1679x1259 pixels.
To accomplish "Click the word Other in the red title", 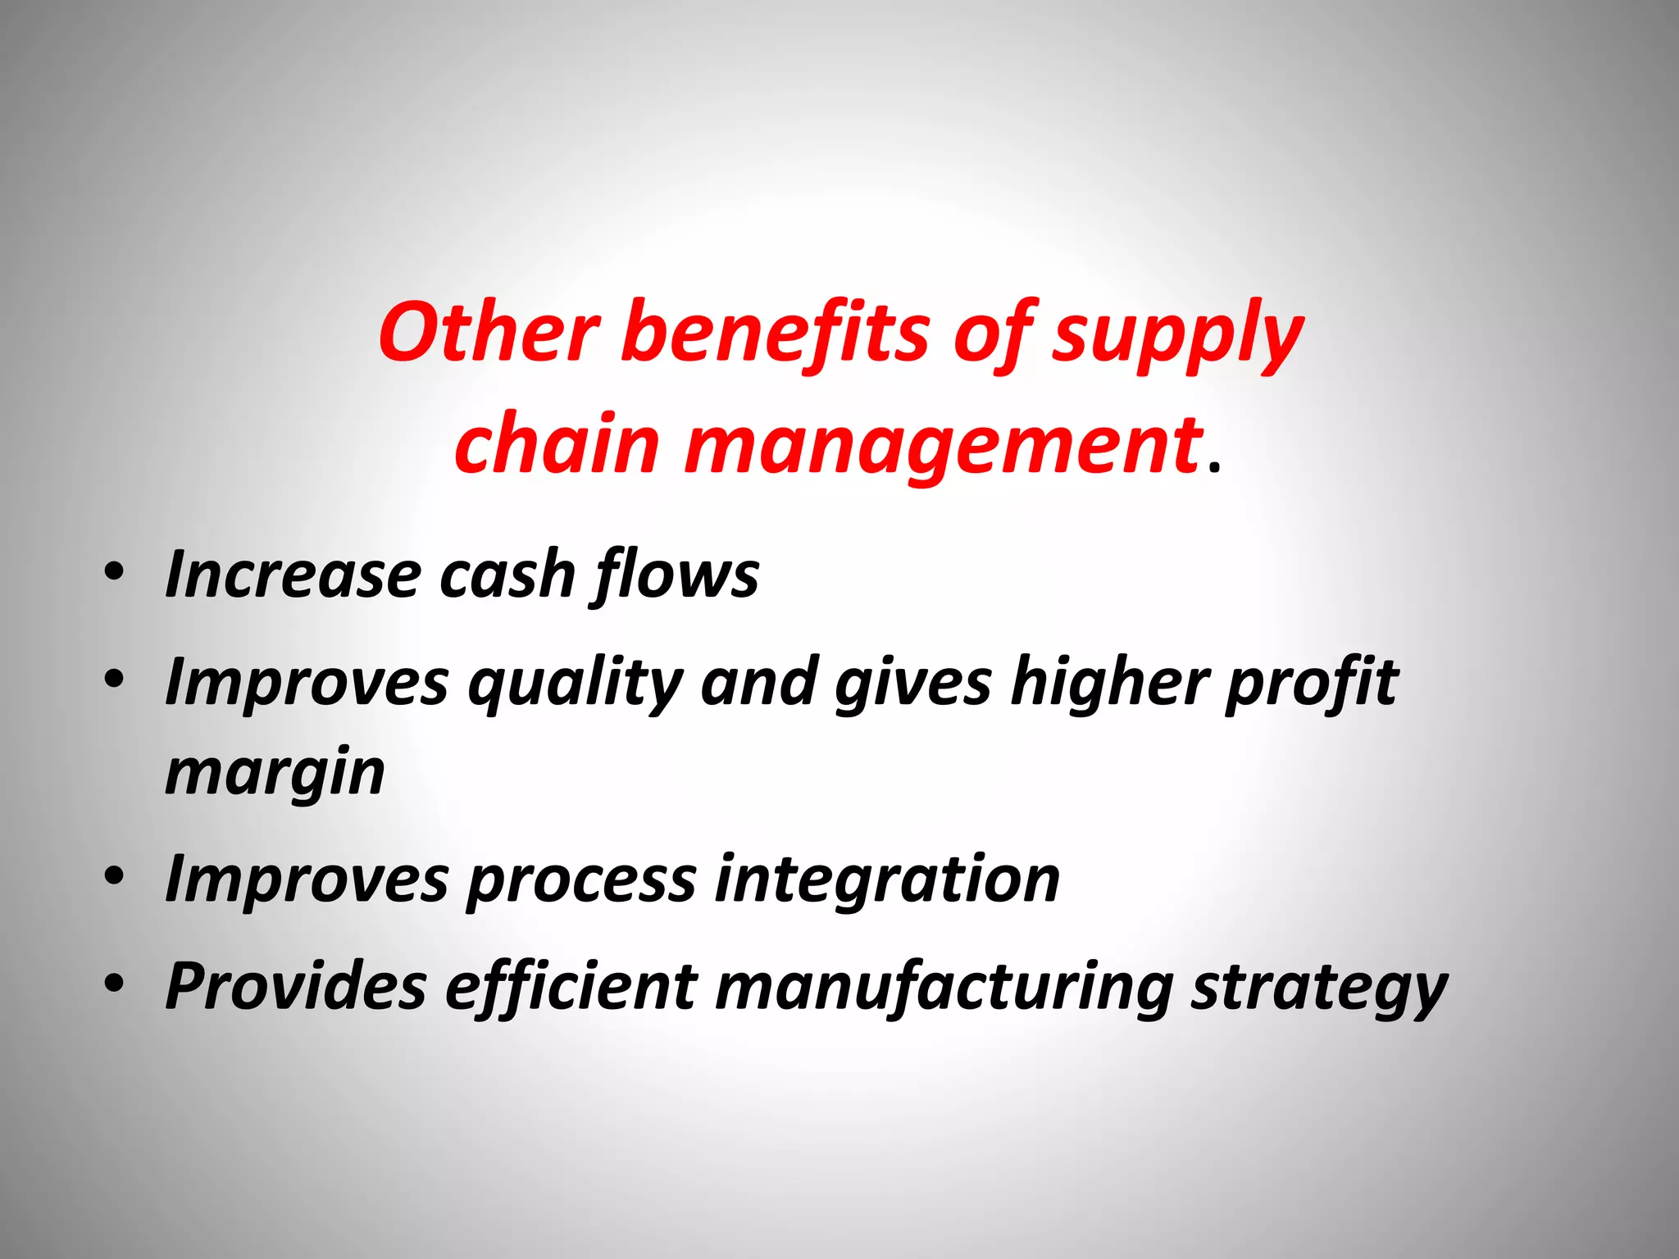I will (x=489, y=332).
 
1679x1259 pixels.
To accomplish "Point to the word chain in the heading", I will (x=557, y=444).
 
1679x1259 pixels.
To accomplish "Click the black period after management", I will (x=1214, y=469).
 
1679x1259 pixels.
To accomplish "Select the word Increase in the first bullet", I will (x=293, y=574).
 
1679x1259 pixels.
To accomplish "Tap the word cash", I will (x=507, y=574).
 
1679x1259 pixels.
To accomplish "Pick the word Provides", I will (x=295, y=985).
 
